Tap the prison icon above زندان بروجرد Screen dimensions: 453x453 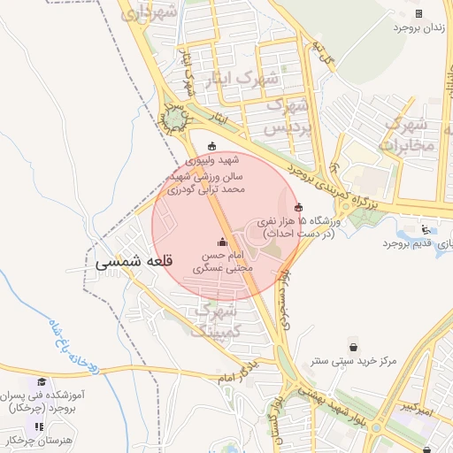tap(418, 13)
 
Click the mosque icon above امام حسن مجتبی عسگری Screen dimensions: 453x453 tap(221, 242)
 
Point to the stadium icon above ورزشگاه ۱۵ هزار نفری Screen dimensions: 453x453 tap(298, 208)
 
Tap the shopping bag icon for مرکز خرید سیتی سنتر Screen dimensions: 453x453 tap(354, 346)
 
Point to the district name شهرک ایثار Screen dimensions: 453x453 tap(242, 79)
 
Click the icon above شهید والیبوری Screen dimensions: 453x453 tap(211, 147)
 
